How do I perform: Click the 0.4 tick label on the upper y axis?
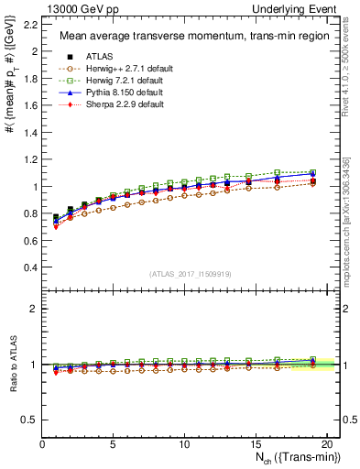point(31,267)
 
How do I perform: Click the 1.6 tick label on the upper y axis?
point(31,105)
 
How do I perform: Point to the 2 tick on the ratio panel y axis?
point(35,309)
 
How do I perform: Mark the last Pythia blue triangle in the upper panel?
point(311,173)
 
